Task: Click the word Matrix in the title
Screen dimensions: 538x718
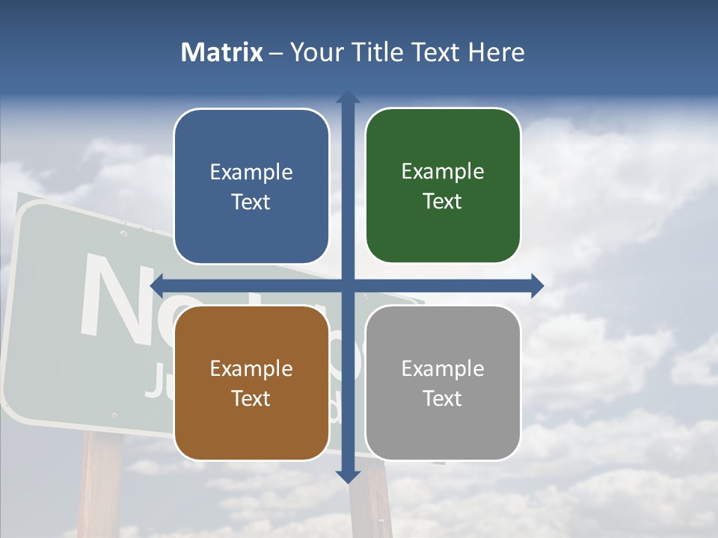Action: [222, 52]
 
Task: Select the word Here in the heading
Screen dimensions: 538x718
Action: [497, 52]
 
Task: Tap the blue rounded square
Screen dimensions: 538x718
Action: [251, 186]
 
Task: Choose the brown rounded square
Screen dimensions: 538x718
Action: [251, 383]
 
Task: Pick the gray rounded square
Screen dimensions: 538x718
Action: [443, 383]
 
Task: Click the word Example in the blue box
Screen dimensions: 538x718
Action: [251, 172]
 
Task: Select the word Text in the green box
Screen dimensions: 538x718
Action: [443, 201]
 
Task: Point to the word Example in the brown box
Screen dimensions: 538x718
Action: [251, 368]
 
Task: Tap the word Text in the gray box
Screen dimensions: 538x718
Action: [443, 398]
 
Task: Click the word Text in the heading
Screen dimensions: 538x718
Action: [435, 52]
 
